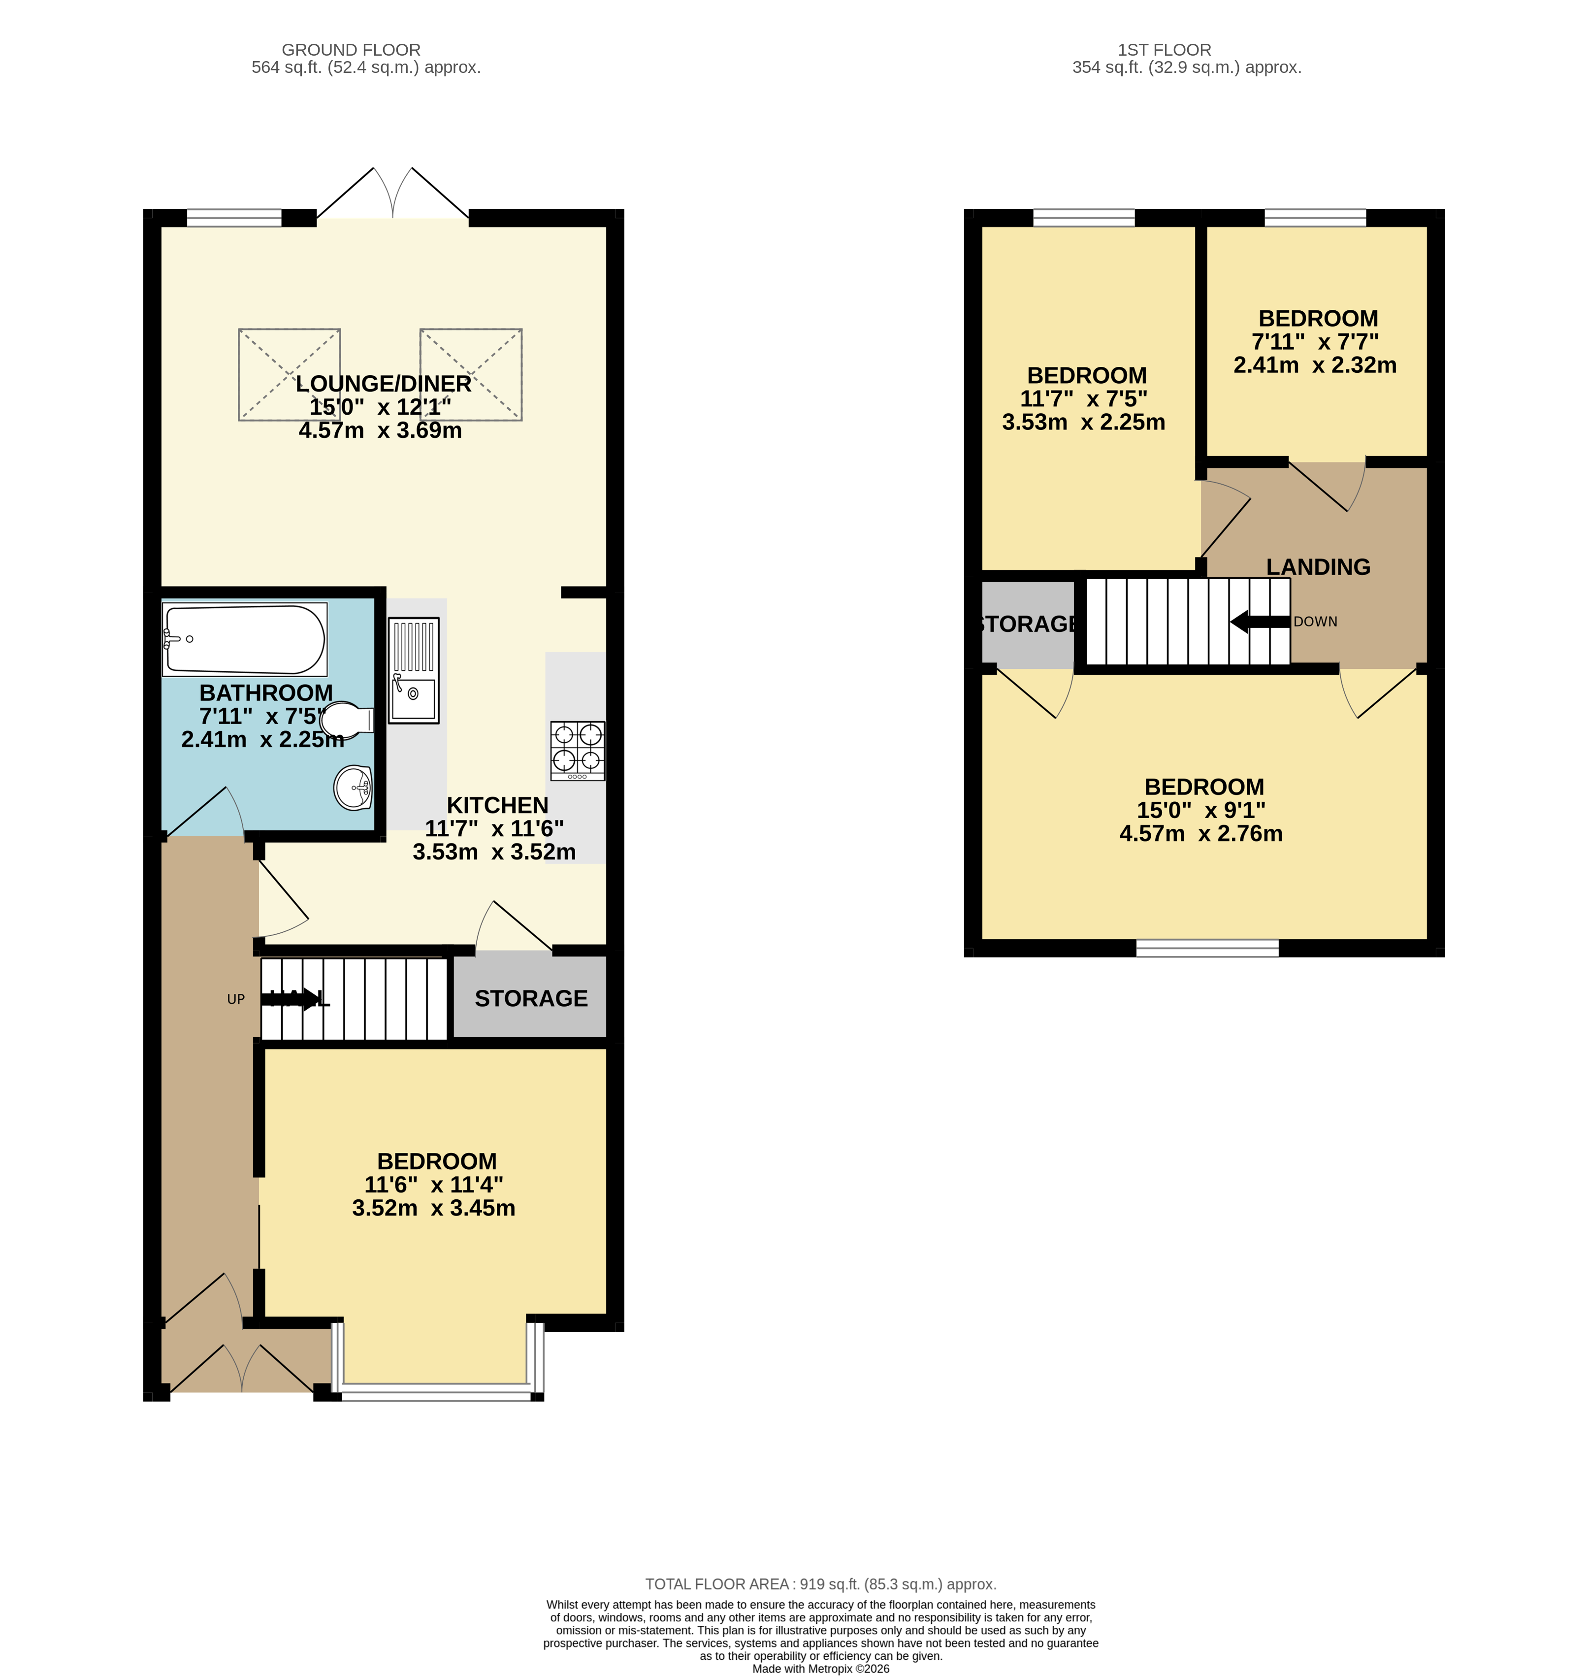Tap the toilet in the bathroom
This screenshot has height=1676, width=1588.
point(347,721)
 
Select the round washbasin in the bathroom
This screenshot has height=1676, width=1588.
point(353,788)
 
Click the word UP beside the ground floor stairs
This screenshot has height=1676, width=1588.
point(236,1000)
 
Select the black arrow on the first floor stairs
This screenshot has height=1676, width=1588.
point(1260,622)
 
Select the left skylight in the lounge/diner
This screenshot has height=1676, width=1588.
point(290,374)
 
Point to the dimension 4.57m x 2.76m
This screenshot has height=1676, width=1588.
point(1200,834)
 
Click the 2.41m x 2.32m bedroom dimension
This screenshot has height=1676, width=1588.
point(1315,365)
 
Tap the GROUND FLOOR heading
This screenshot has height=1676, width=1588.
point(351,50)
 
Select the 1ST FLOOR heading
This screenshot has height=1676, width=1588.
point(1164,50)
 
